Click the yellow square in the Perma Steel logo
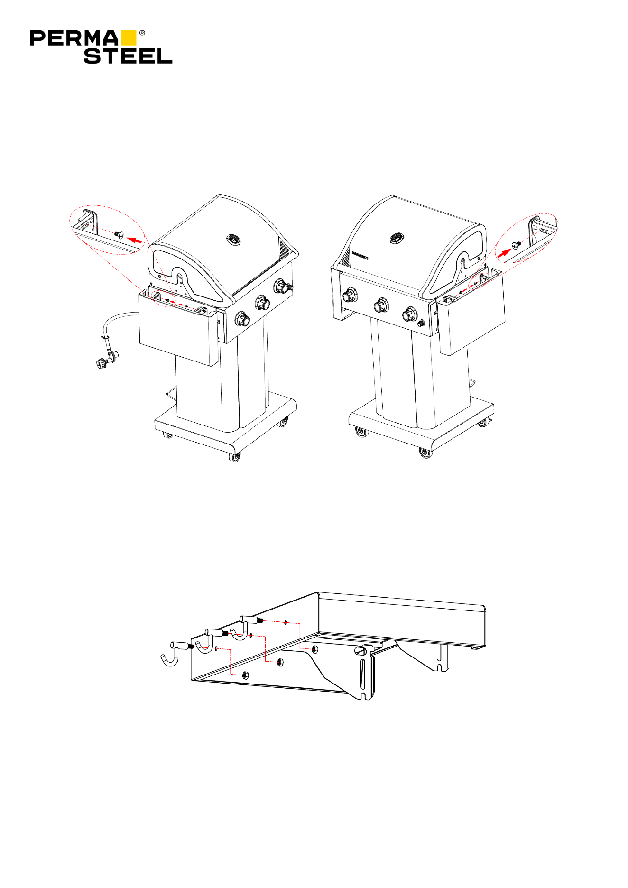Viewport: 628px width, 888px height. [129, 38]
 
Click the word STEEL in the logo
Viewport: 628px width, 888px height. [128, 55]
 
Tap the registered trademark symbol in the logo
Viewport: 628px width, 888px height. [142, 33]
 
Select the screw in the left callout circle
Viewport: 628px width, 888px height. [118, 233]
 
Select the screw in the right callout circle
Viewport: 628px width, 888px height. [517, 244]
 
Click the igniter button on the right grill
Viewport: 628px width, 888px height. [421, 324]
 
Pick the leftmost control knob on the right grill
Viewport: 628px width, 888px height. [351, 295]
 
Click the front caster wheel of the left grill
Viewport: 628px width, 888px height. [235, 457]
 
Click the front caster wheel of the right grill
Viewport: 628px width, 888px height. [425, 453]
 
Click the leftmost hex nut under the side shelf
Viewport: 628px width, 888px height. [245, 675]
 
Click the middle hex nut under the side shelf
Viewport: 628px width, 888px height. [280, 662]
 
